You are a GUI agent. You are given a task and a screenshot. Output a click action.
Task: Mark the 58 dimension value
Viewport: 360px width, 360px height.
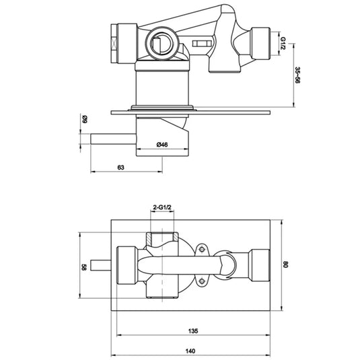(84, 267)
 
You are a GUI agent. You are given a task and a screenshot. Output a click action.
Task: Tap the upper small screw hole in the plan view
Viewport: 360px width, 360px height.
(201, 251)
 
